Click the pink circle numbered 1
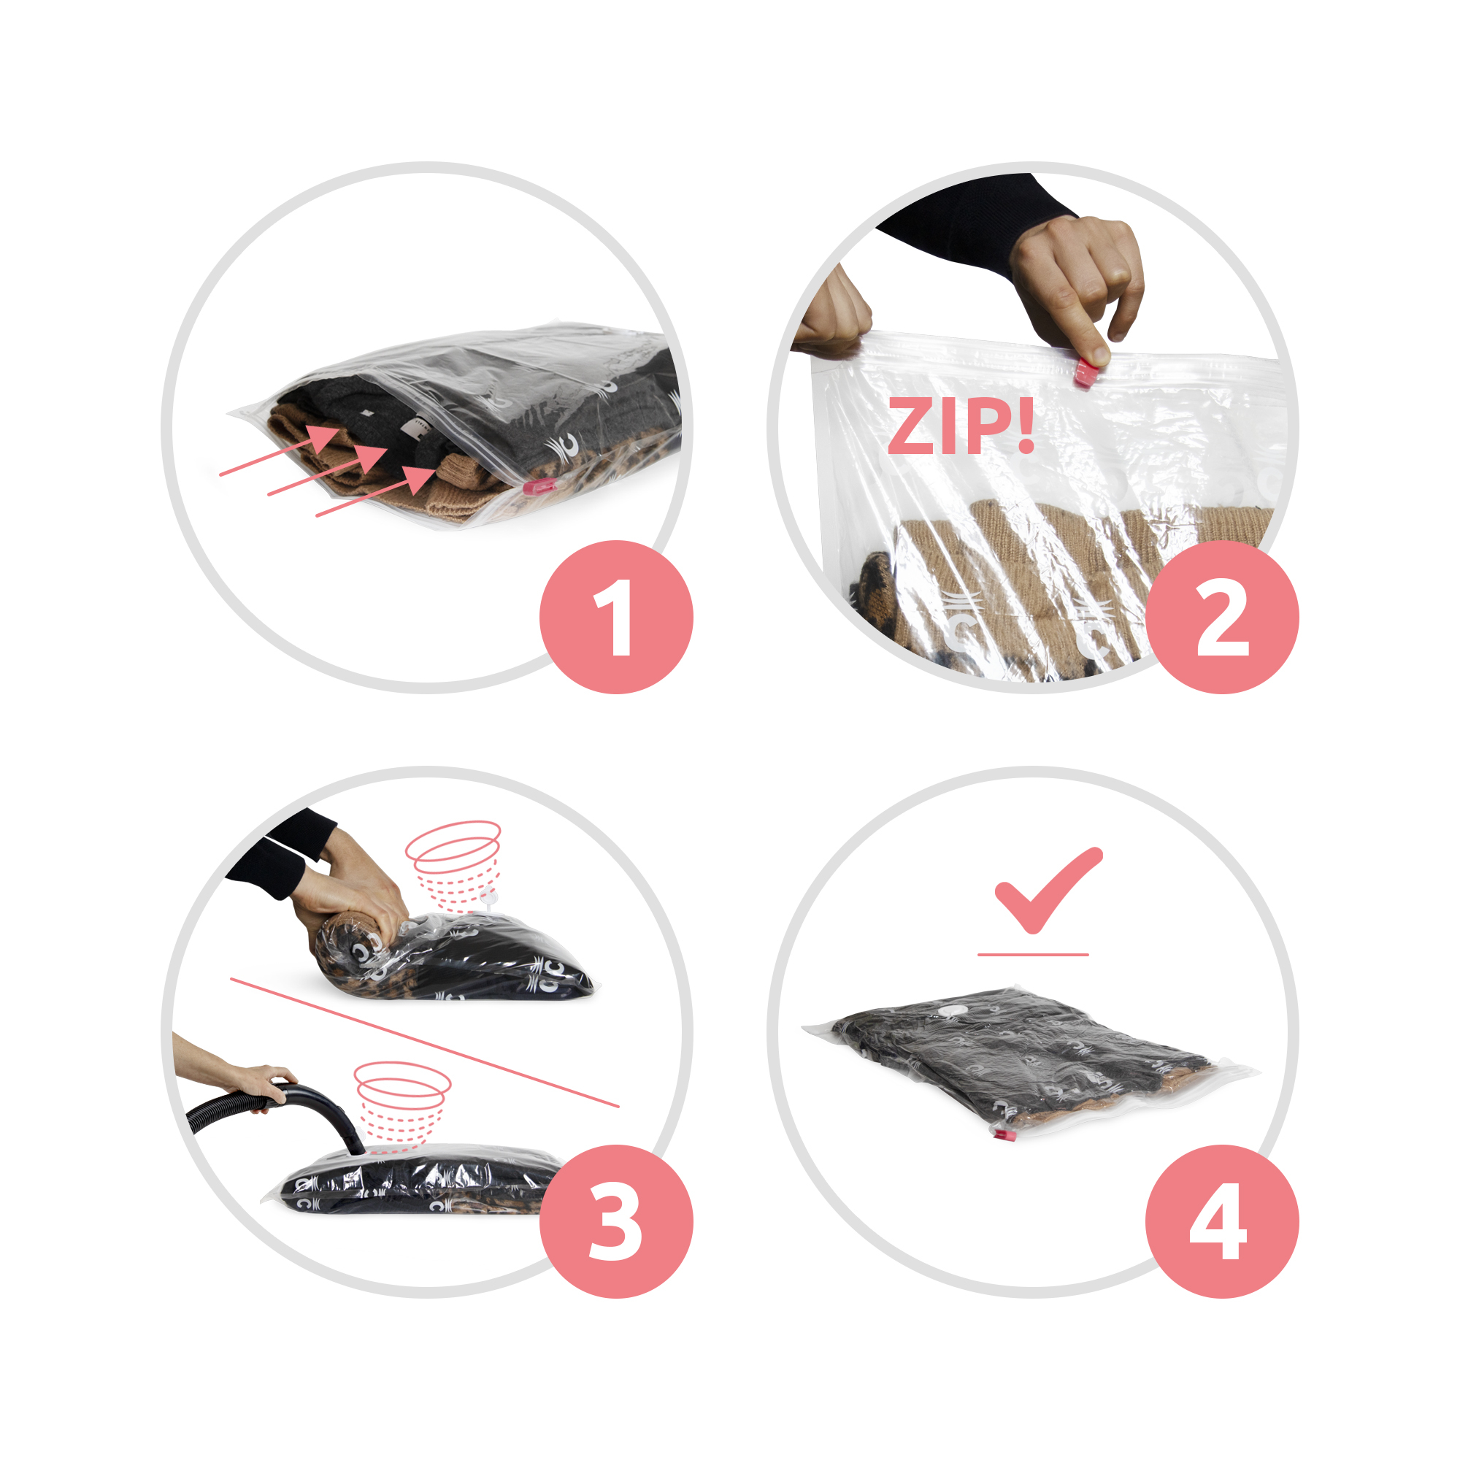coord(616,617)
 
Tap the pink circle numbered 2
coord(1222,617)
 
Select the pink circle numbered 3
coord(616,1222)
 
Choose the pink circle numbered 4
coord(1222,1222)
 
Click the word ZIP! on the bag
coord(961,426)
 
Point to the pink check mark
coord(1048,890)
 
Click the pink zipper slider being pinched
coord(1086,372)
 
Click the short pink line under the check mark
coord(1033,954)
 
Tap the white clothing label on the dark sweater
coord(415,429)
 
